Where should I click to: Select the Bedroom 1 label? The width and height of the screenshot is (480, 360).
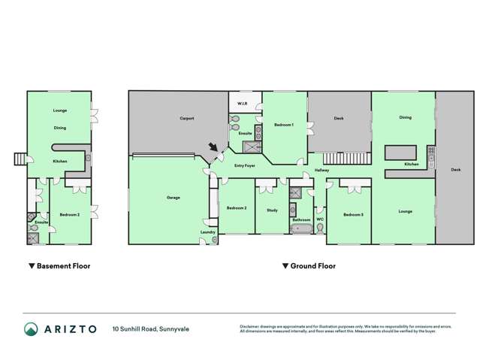(x=283, y=124)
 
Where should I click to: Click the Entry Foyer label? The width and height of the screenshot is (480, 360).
(x=244, y=165)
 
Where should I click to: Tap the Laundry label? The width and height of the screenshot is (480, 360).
(x=208, y=232)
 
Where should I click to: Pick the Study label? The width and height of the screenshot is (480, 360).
(x=272, y=210)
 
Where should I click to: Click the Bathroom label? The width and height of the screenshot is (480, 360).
(x=301, y=220)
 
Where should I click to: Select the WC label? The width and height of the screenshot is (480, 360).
(x=320, y=220)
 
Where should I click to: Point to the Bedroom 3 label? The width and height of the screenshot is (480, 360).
(x=352, y=215)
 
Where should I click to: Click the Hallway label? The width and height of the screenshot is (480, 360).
(x=322, y=171)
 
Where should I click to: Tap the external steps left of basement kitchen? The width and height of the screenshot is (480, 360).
(x=20, y=159)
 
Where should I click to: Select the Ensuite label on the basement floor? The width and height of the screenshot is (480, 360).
(x=41, y=222)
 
